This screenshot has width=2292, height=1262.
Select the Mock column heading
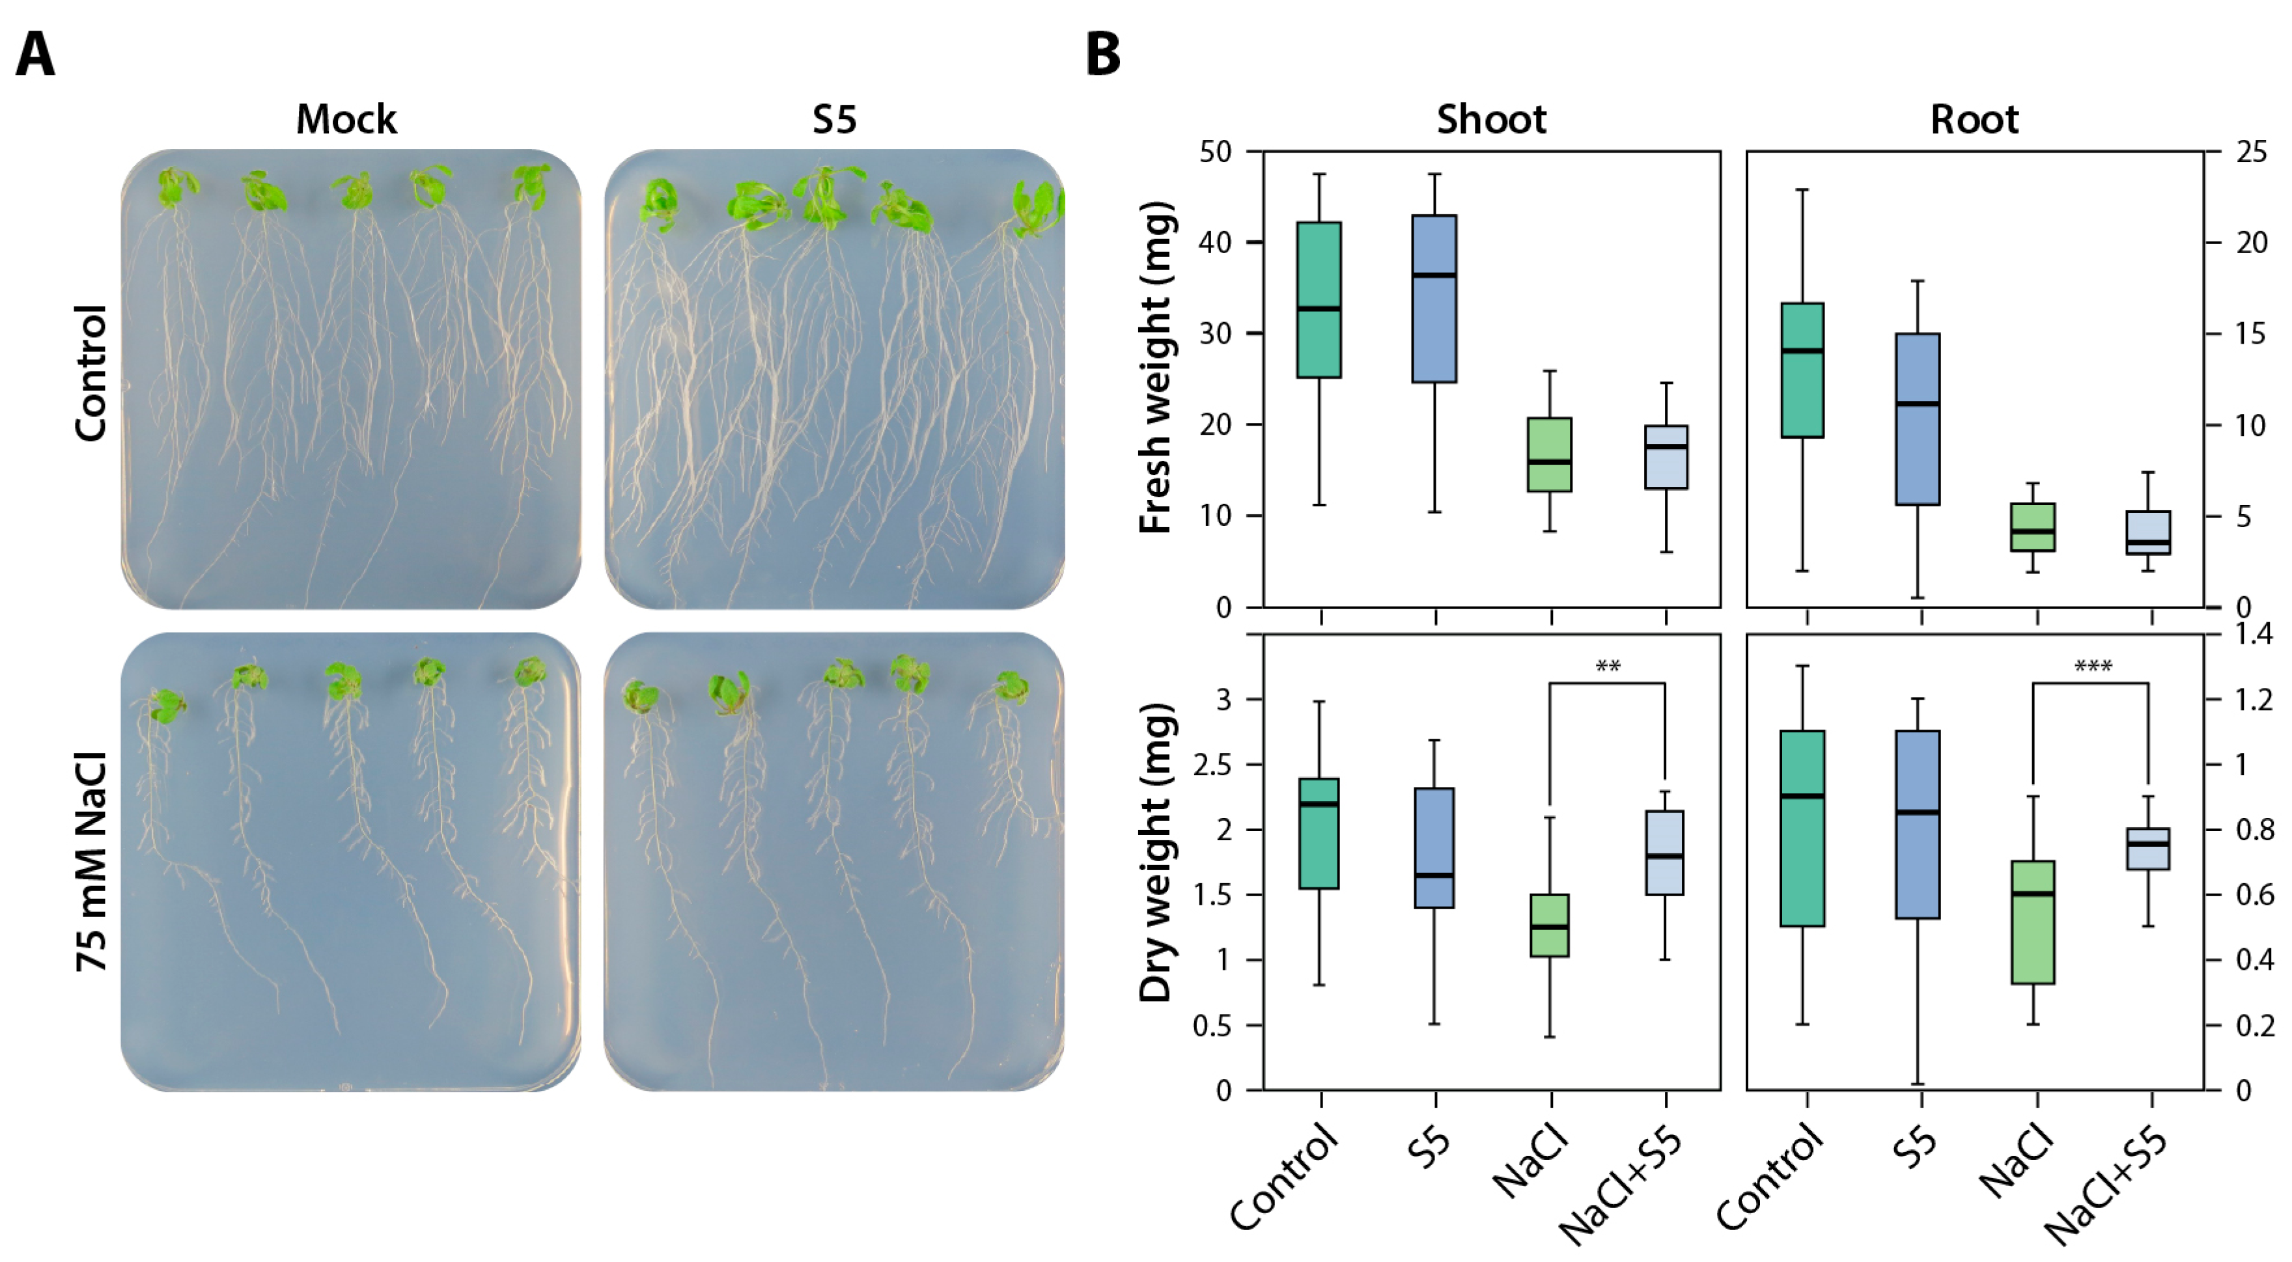(x=346, y=119)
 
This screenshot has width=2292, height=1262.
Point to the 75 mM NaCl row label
(x=92, y=861)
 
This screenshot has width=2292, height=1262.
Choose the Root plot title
(x=1974, y=119)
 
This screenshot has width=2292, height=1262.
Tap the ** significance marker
(x=1608, y=666)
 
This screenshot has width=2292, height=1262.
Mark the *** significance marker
(x=2093, y=666)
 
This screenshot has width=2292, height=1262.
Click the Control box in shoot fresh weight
(x=1319, y=299)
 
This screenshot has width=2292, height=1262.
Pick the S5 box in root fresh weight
(x=1918, y=419)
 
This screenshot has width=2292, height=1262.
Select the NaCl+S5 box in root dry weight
(x=2148, y=849)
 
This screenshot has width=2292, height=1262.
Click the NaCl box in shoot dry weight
(x=1549, y=925)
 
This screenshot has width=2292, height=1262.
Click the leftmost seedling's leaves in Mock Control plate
(x=177, y=187)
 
